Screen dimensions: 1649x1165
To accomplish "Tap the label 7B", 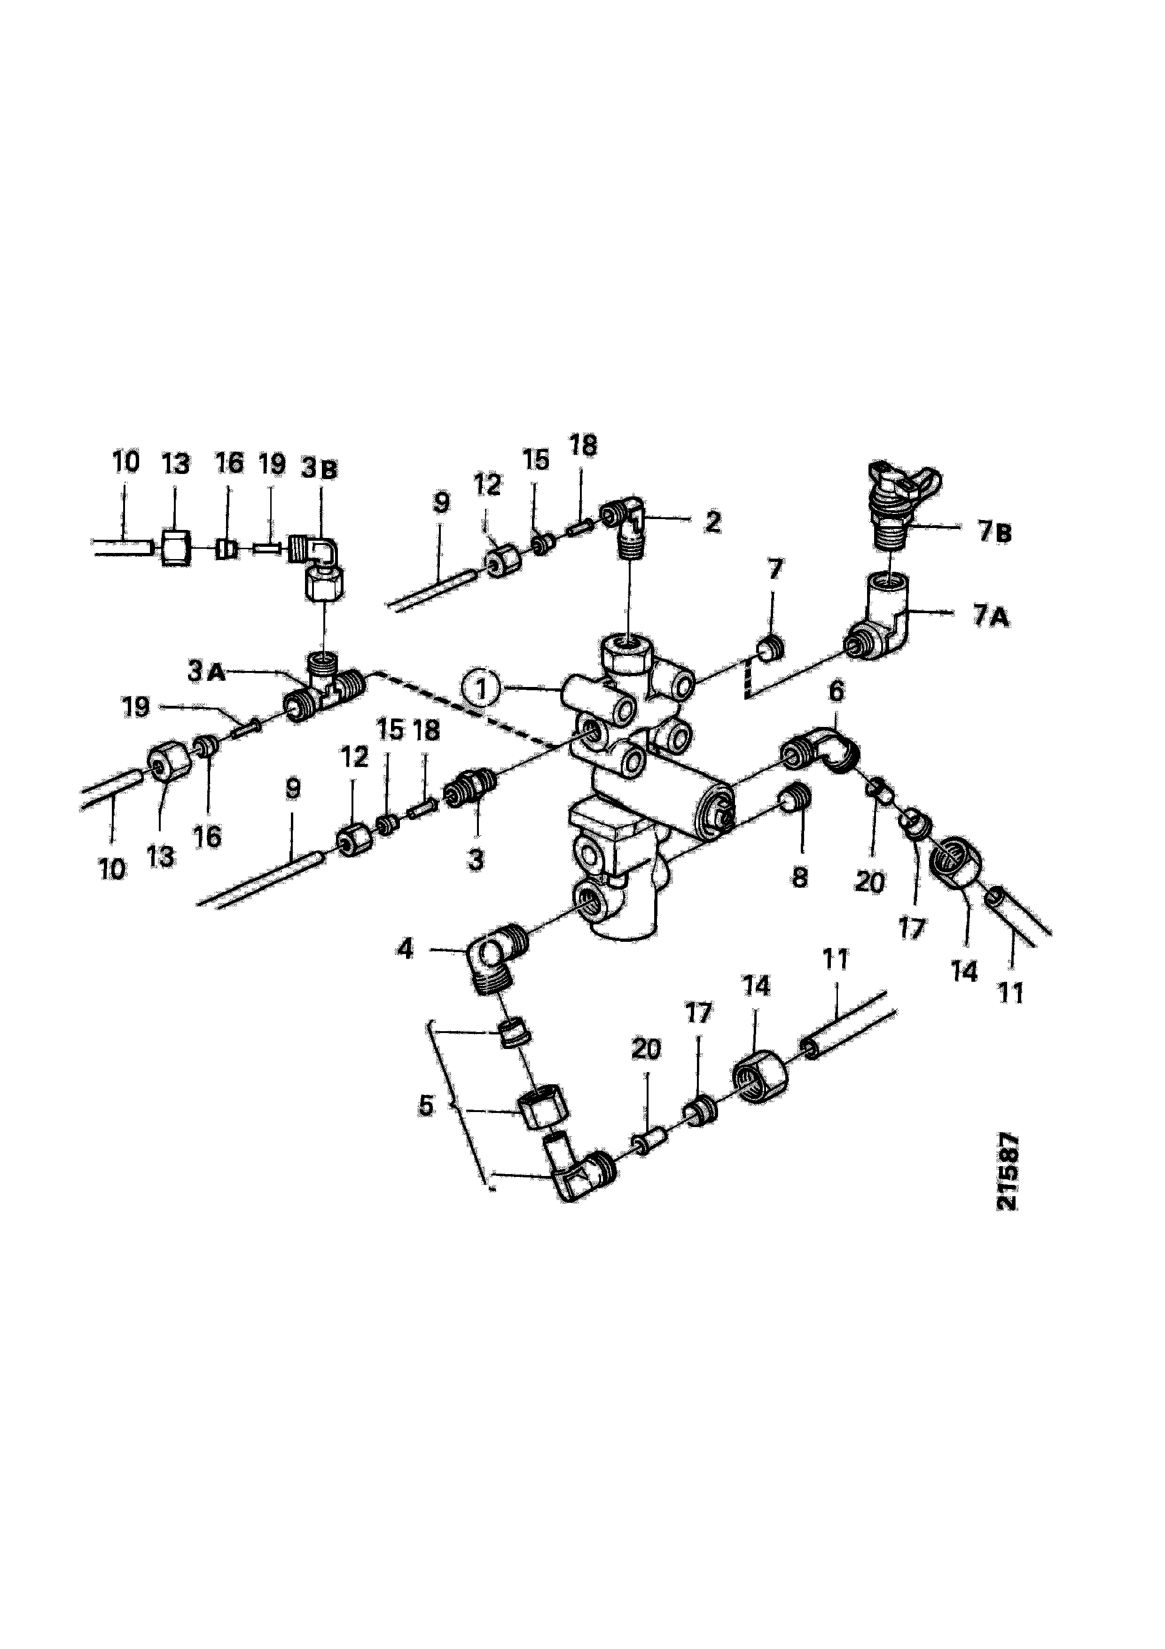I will tap(993, 532).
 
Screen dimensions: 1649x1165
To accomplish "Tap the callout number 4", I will tap(406, 949).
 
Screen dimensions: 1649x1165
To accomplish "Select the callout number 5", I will tap(426, 1105).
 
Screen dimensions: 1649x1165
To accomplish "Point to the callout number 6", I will tap(836, 692).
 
